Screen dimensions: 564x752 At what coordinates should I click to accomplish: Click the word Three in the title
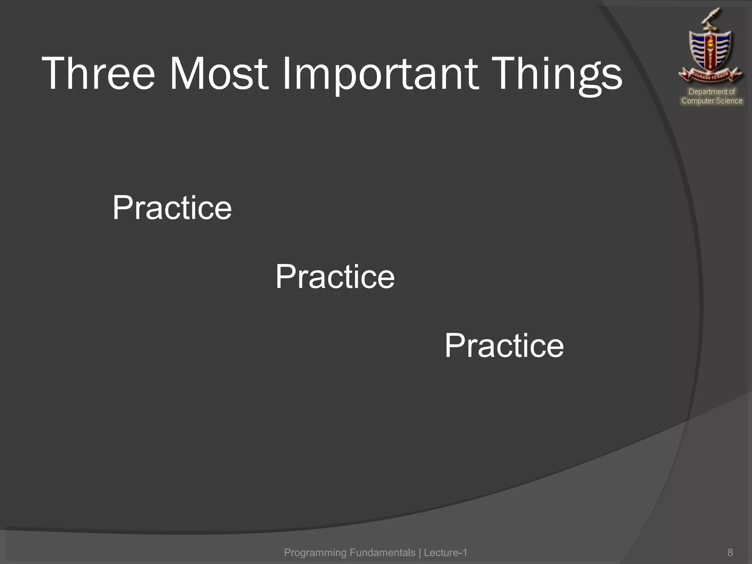(98, 73)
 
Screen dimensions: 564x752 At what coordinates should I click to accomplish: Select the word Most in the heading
(218, 73)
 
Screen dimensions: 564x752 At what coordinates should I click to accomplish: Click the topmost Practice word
(172, 208)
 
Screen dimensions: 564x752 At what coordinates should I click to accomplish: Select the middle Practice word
(335, 277)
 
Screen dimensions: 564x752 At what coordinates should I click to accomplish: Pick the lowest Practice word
(504, 346)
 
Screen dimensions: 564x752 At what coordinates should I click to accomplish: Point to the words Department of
(712, 92)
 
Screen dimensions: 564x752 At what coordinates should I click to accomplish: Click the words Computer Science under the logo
(712, 101)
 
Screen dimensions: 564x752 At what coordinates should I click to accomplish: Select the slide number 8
(730, 552)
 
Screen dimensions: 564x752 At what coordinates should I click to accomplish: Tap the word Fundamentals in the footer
(382, 552)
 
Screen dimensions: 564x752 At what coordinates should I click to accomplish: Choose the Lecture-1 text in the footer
(445, 552)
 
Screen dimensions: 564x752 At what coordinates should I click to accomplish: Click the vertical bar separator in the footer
(420, 552)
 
